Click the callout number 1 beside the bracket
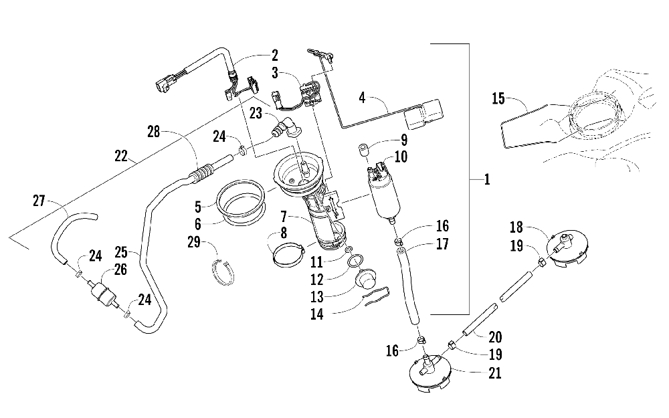coord(487,179)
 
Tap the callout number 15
coord(498,98)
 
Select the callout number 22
coord(121,156)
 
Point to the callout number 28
coord(154,131)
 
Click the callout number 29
coord(194,242)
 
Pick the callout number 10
coord(401,156)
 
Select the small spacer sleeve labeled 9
coord(363,151)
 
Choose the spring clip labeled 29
coord(223,272)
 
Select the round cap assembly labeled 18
coord(567,249)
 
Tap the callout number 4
coord(362,98)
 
